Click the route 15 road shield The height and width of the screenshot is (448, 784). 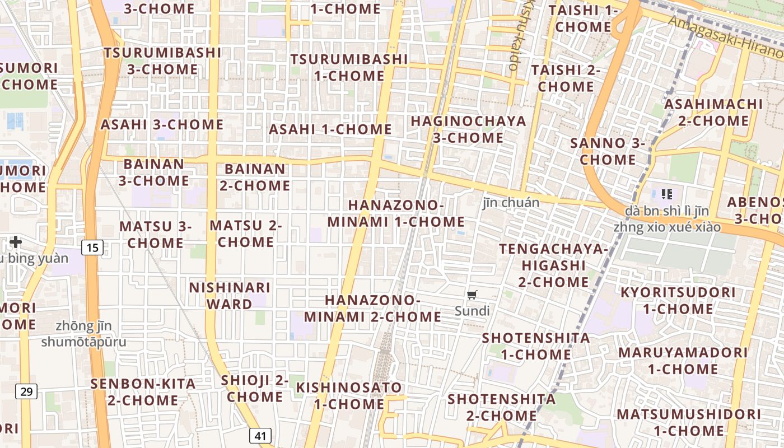click(x=92, y=247)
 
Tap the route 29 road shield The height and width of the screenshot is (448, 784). click(x=27, y=391)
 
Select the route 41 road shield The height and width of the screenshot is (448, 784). click(x=260, y=435)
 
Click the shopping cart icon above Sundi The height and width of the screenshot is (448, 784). click(x=472, y=295)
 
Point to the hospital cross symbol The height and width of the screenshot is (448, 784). click(x=16, y=242)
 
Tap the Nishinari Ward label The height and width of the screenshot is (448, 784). click(x=230, y=296)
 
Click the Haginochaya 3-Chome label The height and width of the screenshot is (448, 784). click(x=468, y=129)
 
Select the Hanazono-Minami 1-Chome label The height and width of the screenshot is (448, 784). click(x=396, y=213)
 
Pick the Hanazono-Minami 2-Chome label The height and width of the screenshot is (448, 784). click(x=372, y=308)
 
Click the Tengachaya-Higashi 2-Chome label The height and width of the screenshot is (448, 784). click(x=553, y=265)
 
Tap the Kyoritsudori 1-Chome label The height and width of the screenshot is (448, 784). click(x=678, y=301)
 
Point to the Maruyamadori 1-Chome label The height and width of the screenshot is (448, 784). click(x=683, y=361)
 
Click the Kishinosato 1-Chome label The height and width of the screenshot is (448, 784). click(x=349, y=395)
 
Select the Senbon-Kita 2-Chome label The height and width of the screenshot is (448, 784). click(x=143, y=392)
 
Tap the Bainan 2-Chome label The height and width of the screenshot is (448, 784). click(x=255, y=177)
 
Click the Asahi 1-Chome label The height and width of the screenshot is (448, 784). click(x=330, y=129)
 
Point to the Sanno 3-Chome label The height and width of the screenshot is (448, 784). click(x=608, y=151)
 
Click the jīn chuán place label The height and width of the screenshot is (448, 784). click(x=511, y=203)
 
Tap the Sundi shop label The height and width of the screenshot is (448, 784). click(x=472, y=311)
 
